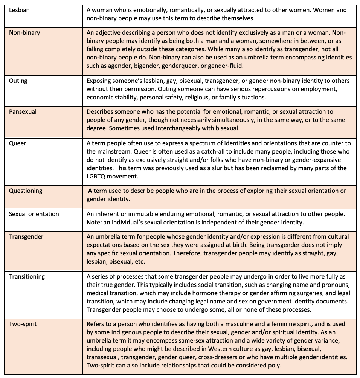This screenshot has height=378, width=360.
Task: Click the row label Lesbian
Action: (20, 10)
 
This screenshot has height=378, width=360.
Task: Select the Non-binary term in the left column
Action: (24, 32)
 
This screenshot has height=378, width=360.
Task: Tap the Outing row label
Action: (18, 81)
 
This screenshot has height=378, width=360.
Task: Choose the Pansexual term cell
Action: (23, 112)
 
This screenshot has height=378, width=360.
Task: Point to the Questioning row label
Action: (26, 191)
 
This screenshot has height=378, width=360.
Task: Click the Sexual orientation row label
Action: (34, 214)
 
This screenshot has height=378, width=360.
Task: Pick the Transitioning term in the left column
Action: (27, 276)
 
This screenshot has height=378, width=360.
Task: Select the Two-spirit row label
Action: (23, 324)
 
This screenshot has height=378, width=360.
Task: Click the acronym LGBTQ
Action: (98, 176)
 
